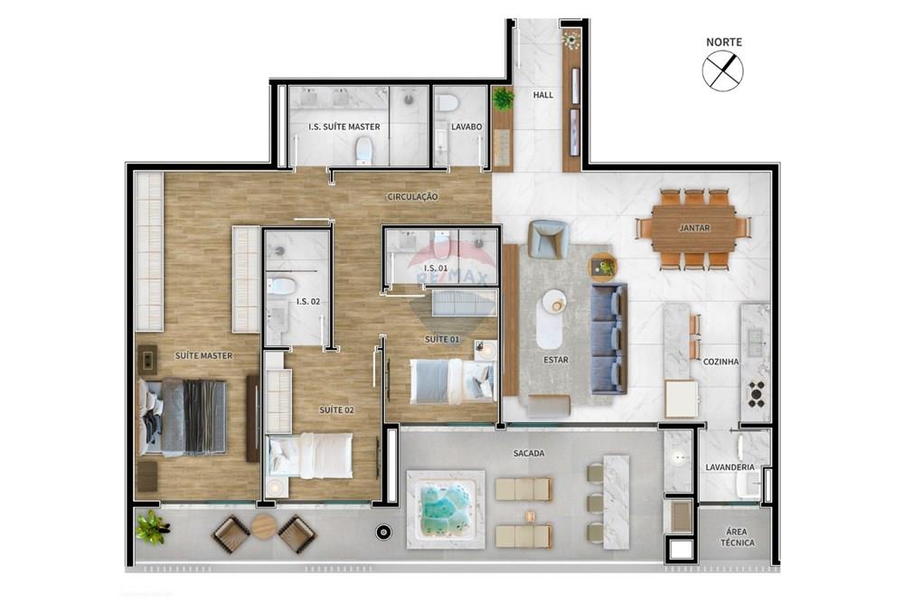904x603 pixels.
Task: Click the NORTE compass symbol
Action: click(723, 71)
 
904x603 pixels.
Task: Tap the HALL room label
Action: click(542, 95)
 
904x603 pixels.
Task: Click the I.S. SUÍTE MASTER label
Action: click(344, 127)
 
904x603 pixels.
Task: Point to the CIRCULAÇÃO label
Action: click(412, 196)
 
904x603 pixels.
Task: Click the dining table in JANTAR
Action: click(693, 229)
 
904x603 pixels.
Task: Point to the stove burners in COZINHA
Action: click(756, 394)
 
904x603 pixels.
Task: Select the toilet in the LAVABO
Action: click(447, 103)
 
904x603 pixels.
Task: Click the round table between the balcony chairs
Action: click(264, 526)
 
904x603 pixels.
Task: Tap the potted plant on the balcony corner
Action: click(152, 526)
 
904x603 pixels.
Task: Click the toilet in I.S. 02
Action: click(282, 286)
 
